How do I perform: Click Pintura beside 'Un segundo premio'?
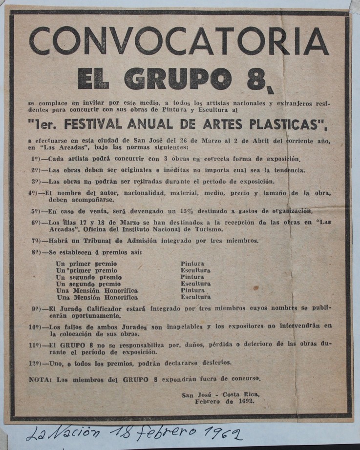192,277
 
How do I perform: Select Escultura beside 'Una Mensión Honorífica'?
196,297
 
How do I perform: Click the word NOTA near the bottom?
40,379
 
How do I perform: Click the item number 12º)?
38,363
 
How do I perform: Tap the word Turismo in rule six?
208,229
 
